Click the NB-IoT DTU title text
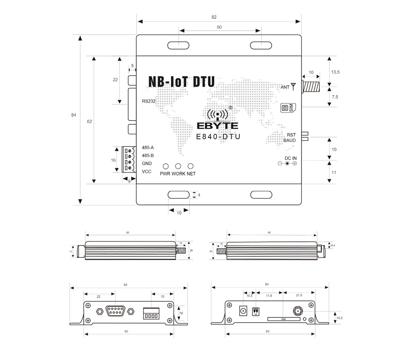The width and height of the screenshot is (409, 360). tap(181, 81)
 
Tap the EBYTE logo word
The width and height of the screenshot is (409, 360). tap(217, 126)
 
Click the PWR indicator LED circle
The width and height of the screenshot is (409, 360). tap(166, 166)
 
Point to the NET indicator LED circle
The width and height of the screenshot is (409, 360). tap(191, 166)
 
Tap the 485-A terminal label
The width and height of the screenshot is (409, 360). tap(148, 148)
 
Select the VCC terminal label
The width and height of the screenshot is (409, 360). tap(146, 171)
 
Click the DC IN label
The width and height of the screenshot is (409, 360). tap(291, 157)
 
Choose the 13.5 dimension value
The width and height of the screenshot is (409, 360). tap(335, 72)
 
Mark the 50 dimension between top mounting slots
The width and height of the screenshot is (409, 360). tap(219, 27)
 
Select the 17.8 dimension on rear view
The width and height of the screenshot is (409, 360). tap(269, 296)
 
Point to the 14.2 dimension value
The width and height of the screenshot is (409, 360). tap(339, 317)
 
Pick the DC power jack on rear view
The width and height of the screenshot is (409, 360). tap(243, 311)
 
